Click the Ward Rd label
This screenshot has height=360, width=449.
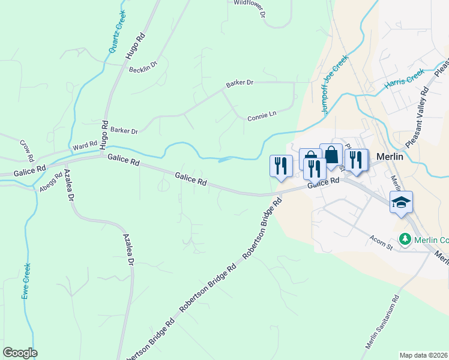point(85,146)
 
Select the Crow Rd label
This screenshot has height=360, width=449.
point(27,151)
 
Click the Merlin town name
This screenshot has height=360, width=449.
point(393,156)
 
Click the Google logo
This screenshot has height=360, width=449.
point(20,353)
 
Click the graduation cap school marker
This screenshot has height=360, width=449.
point(401,202)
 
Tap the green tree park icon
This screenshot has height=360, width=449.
point(406,239)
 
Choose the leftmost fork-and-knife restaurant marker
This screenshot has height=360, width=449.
point(281,166)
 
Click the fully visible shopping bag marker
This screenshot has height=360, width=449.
point(331,155)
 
